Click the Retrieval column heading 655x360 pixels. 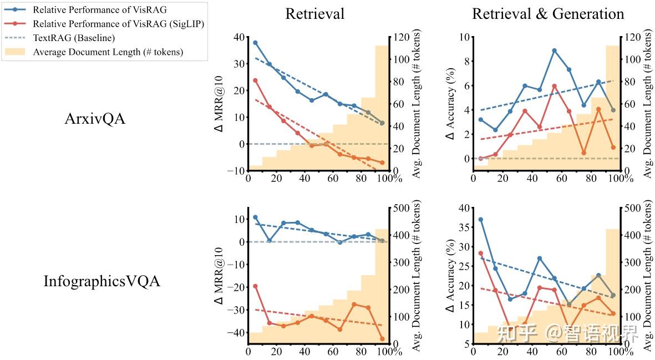[x=314, y=14]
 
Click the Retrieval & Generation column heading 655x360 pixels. [x=548, y=14]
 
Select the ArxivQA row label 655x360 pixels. [x=95, y=118]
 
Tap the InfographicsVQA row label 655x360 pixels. [x=102, y=281]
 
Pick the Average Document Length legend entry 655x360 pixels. [x=108, y=52]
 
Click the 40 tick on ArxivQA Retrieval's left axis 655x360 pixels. [x=239, y=37]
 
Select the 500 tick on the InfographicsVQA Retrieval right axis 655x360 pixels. [x=400, y=208]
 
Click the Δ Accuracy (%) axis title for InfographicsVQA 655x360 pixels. [x=450, y=276]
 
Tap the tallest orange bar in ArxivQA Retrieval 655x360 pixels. [x=382, y=108]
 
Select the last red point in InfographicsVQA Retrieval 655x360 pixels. [x=383, y=339]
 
